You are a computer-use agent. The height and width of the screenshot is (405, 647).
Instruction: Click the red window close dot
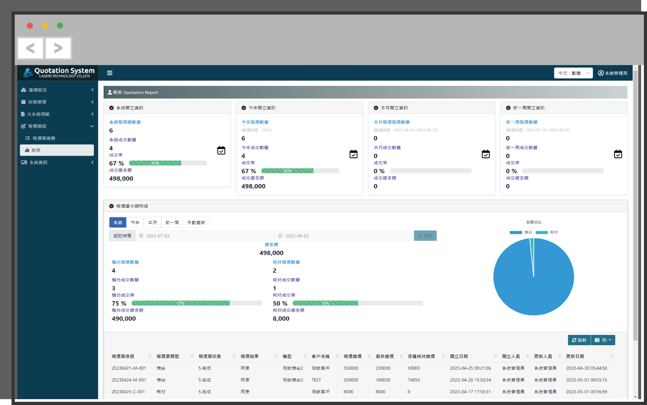30,26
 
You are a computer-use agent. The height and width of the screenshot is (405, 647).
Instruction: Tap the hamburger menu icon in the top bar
109,73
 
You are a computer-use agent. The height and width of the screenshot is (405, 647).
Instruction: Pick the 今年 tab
135,222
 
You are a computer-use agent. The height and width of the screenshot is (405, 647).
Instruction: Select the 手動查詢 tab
196,222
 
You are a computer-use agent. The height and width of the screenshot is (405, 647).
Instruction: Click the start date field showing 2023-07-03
205,236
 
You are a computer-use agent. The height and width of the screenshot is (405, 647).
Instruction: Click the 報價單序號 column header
123,356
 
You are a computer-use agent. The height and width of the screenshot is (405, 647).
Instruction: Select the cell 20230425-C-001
128,392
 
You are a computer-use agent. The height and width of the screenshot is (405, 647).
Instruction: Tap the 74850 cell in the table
414,380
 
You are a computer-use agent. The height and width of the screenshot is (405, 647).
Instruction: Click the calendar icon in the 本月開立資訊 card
486,154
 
